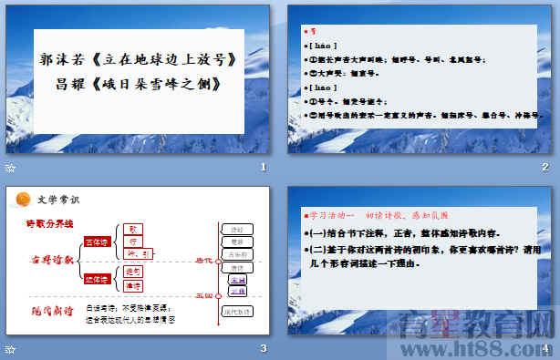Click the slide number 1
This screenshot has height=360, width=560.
coord(263,168)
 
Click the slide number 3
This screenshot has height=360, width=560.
coord(263,349)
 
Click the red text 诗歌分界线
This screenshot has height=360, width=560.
coord(49,223)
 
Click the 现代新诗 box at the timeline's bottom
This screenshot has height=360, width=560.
coord(237,311)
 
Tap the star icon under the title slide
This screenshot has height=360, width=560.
coord(10,168)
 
